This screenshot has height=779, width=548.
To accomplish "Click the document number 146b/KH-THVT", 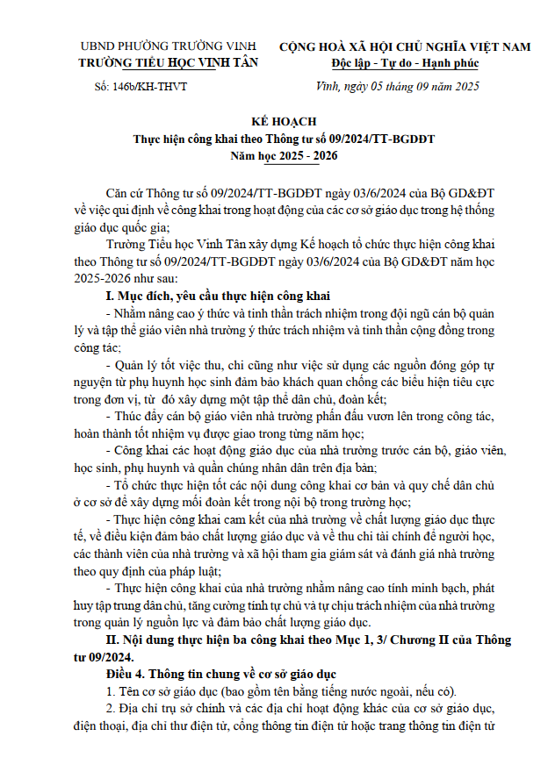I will (140, 87).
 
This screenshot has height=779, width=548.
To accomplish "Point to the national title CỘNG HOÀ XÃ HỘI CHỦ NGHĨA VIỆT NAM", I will (405, 46).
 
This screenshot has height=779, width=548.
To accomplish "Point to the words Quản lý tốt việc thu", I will (158, 363).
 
